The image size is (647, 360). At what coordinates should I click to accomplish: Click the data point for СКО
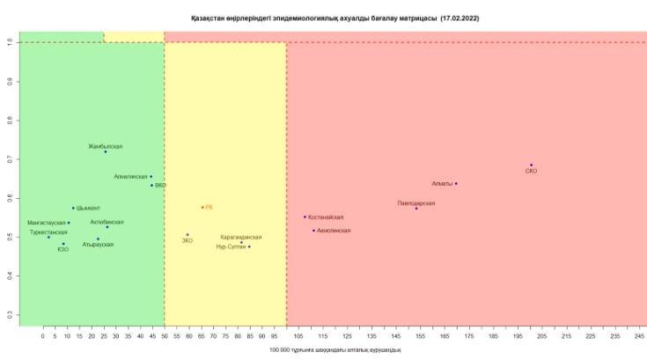coord(531,165)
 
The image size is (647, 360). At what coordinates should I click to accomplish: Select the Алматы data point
coord(456,183)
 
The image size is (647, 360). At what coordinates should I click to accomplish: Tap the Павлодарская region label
coord(415,203)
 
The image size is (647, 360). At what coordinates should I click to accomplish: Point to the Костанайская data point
coord(305,217)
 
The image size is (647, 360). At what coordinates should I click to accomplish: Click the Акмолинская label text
coord(334,231)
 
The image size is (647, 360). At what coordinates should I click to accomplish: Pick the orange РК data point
coord(202,207)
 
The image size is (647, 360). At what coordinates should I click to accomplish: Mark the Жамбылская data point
coord(105,151)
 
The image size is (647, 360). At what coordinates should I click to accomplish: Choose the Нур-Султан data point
coord(249,246)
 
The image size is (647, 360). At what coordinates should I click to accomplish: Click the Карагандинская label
coord(240,237)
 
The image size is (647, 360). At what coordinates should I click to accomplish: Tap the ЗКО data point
coord(187,234)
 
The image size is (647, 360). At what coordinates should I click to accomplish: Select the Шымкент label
coord(89,208)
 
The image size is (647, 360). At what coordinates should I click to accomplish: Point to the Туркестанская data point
coord(48,237)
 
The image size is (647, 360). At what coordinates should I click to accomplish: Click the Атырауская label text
coord(98,245)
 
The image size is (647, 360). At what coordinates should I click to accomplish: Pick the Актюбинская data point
coord(107,227)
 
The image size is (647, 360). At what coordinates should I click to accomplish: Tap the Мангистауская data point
coord(69,223)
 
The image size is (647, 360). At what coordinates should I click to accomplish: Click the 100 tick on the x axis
coord(285,336)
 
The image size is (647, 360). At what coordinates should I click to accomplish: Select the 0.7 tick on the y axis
coord(9,159)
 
